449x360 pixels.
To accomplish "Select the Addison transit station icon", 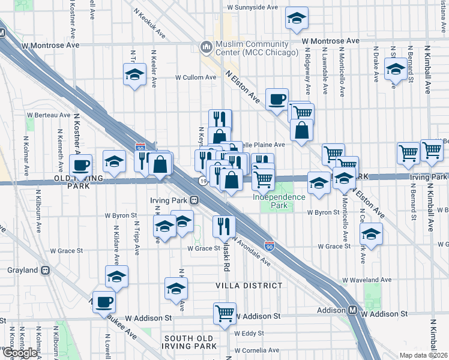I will [x=354, y=311].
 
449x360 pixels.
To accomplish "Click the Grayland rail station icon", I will [x=46, y=270].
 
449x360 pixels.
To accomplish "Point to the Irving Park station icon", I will [x=194, y=200].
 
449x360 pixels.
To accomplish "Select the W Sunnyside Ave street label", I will [x=252, y=8].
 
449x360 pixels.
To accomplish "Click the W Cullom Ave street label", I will [x=196, y=77].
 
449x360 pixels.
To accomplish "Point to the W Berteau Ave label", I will [x=49, y=115].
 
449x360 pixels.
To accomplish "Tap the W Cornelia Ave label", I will [x=257, y=350].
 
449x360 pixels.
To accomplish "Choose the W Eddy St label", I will [x=250, y=333].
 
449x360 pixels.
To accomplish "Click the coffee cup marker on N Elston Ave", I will [x=277, y=99].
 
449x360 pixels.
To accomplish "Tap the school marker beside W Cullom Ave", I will [x=134, y=76].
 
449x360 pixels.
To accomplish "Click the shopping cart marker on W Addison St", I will [x=224, y=313].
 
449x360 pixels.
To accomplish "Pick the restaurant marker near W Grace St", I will [x=223, y=226].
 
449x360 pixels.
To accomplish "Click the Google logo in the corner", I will [x=19, y=353].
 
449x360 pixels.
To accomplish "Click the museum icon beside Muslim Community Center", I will [x=206, y=46].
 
